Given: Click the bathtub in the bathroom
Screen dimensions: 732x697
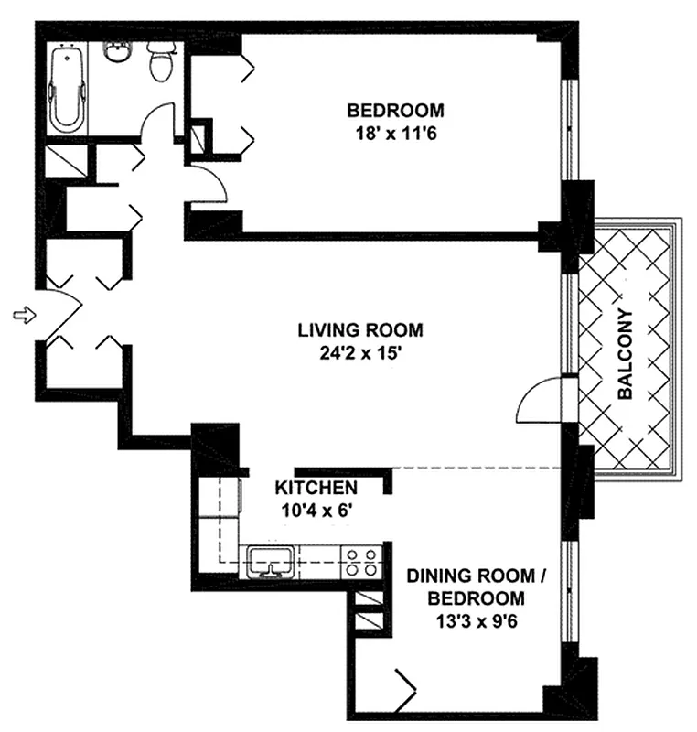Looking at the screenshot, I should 67,91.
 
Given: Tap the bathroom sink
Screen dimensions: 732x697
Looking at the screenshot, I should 118,52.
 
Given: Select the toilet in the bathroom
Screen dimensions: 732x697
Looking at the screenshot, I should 161,61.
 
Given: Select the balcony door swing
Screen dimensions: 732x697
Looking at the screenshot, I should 540,403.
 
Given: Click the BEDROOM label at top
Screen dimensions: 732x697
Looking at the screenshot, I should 395,111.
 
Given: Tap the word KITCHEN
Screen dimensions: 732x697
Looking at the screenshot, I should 316,488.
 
